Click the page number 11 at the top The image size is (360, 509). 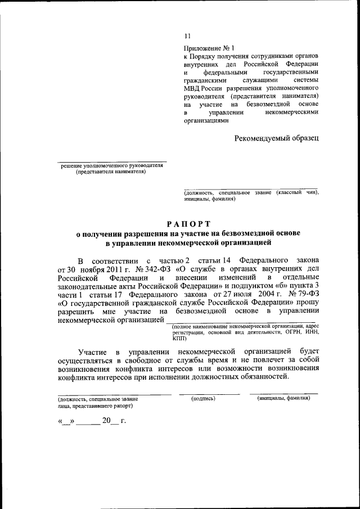point(187,37)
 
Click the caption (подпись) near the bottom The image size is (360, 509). point(204,398)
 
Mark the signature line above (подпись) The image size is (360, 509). point(204,394)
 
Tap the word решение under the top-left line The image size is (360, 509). point(71,166)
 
